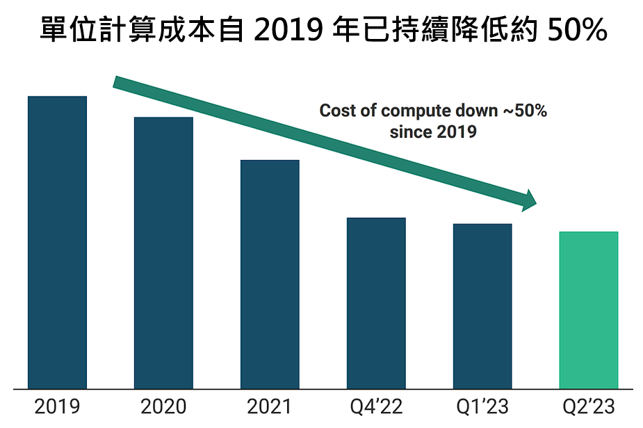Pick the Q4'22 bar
coord(376,303)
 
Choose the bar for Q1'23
coord(482,306)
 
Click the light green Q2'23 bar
coord(589,310)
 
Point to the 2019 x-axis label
coord(57,406)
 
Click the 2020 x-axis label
coord(163,406)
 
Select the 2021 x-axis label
coord(270,406)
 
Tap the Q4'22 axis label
coord(376,406)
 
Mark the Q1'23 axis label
coord(482,406)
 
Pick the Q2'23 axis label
coord(589,406)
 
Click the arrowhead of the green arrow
coord(530,200)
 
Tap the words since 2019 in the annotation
coord(433,132)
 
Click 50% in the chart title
coord(577,30)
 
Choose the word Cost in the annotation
coord(339,111)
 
